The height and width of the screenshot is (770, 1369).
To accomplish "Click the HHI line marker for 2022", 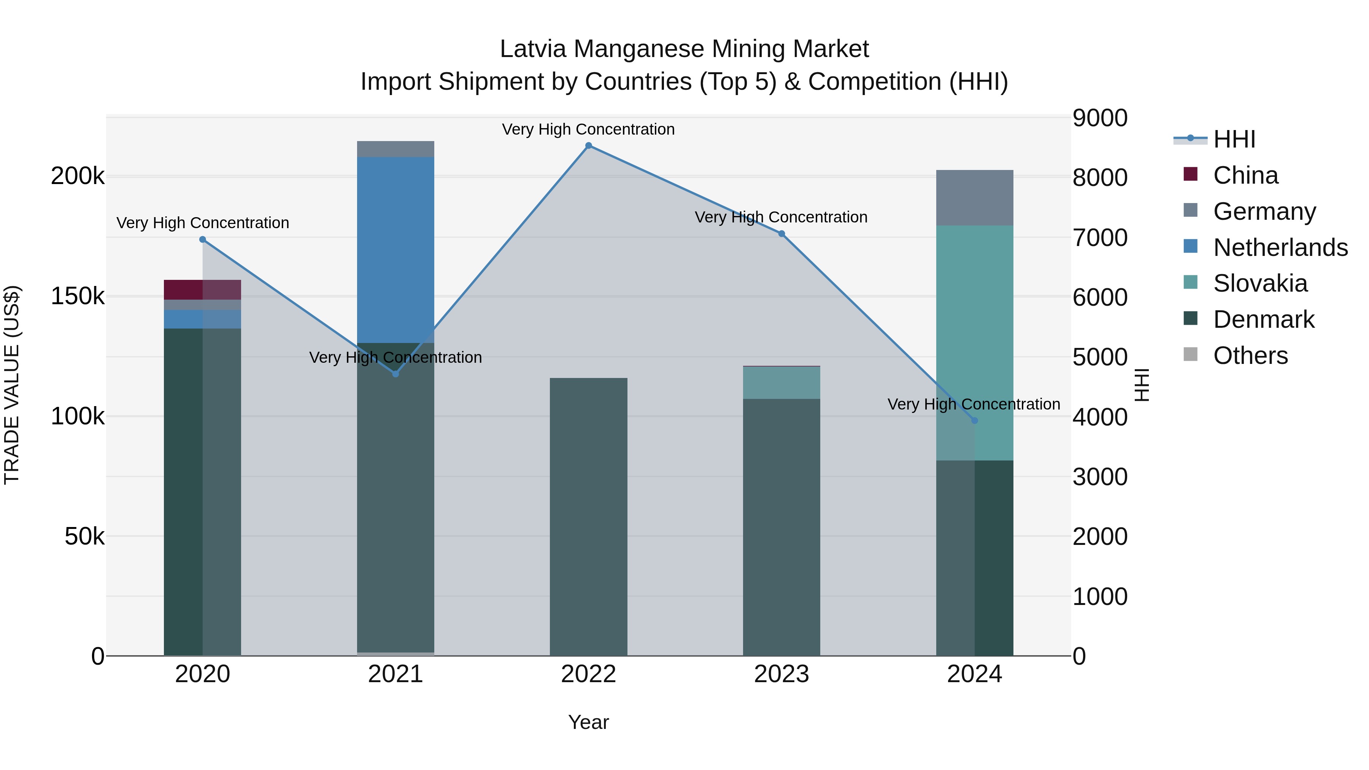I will coord(588,146).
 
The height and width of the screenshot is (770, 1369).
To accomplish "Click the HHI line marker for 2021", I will coord(395,374).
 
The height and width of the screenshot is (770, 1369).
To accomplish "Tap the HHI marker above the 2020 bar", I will coord(202,240).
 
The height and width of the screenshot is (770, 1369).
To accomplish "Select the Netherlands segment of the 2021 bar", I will coord(395,250).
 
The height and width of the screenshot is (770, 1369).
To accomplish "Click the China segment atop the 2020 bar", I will coord(202,290).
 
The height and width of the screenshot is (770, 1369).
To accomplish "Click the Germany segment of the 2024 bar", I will coord(975,198).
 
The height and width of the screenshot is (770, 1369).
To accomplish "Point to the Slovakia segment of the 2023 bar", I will coord(781,383).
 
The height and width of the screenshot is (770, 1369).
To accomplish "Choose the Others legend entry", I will coord(1250,356).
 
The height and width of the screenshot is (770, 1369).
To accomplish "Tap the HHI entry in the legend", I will coord(1234,139).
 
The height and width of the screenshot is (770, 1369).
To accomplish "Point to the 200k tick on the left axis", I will coord(78,176).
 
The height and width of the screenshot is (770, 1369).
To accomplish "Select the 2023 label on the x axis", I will coord(781,674).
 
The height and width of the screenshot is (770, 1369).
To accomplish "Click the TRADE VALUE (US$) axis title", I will coord(12,385).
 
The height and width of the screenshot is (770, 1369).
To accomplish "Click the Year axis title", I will coord(588,722).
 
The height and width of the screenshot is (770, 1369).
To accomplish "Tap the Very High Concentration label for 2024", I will coord(974,405).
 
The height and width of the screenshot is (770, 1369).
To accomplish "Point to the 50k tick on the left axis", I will coord(84,536).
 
